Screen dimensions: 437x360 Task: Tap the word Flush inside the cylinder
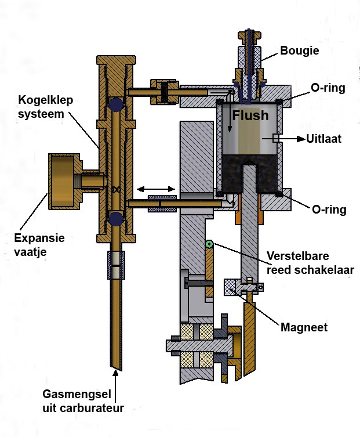pos(250,115)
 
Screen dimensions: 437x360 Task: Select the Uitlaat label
pos(325,139)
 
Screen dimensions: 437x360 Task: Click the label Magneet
pos(304,327)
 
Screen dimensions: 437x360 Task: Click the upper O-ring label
pos(327,88)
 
